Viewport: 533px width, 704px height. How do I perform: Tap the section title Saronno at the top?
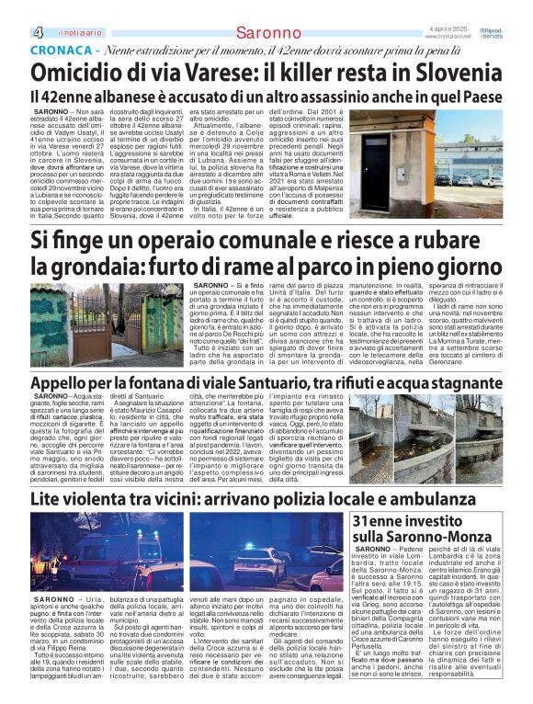(x=267, y=33)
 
